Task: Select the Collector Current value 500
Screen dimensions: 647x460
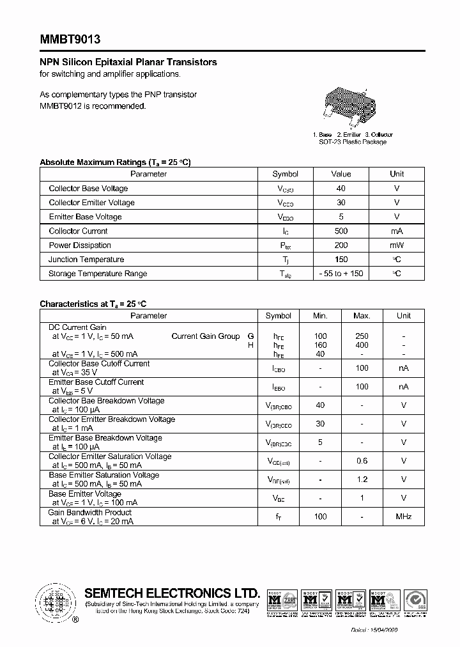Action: (341, 231)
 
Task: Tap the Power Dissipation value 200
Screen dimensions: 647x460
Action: (341, 246)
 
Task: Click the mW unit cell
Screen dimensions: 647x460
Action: (397, 246)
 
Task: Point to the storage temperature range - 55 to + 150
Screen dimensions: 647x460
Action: (341, 274)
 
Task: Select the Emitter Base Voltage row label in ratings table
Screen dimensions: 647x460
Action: (85, 217)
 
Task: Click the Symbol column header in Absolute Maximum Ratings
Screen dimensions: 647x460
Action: (285, 174)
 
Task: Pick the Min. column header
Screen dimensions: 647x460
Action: (320, 316)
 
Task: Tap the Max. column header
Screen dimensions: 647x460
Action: (362, 316)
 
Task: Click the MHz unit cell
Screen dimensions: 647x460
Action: (403, 517)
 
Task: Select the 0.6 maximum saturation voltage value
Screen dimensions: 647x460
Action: (362, 461)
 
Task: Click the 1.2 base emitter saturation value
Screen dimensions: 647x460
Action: (362, 479)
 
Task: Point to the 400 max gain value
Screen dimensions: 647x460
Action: (362, 345)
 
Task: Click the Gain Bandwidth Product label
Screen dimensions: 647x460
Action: (90, 513)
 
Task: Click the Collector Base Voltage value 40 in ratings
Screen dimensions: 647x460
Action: (341, 189)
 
